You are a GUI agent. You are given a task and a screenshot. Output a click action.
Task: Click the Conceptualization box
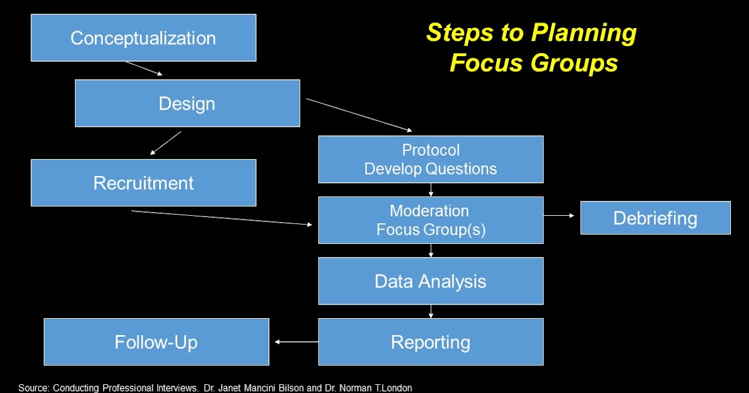tap(144, 38)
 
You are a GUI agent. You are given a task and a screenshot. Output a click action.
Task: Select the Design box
tap(187, 103)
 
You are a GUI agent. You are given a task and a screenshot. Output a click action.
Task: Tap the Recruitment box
tap(144, 183)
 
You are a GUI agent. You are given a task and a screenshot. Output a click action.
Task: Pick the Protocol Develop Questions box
tap(431, 159)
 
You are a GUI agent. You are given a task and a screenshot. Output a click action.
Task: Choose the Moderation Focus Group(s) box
tap(431, 220)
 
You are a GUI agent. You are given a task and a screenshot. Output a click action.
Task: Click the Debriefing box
tap(655, 218)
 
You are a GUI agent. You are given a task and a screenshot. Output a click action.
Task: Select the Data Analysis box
tap(431, 281)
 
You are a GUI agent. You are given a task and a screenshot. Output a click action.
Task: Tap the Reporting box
tap(431, 342)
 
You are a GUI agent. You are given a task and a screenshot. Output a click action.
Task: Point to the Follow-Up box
tap(156, 342)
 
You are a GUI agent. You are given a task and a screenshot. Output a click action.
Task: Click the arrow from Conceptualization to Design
tap(144, 68)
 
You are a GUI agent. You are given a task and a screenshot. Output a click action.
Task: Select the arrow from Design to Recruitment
tap(165, 143)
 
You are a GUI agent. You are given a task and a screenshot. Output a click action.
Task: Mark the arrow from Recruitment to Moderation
tap(222, 218)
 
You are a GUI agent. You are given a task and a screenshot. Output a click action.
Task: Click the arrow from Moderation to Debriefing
tap(561, 215)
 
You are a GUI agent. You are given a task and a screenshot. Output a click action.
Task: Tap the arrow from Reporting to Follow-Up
tap(296, 341)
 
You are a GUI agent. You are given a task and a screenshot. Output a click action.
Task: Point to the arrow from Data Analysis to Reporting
tap(431, 311)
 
